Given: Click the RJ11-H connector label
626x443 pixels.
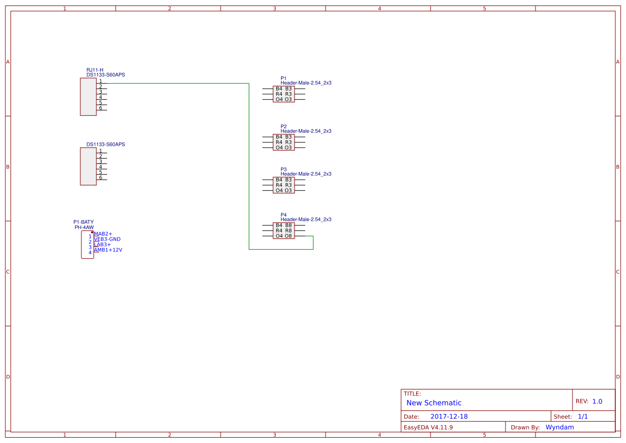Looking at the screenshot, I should [95, 70].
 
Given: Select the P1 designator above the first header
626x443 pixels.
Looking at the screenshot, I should [283, 78].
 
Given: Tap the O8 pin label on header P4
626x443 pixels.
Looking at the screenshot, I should [289, 236].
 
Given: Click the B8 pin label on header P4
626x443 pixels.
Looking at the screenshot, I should [289, 225].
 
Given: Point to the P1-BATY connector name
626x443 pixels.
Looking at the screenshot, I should [84, 222].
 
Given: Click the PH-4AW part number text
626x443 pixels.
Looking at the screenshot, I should [84, 228].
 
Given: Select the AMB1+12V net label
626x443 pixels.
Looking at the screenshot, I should [108, 250].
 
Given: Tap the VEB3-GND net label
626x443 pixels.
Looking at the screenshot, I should [107, 239].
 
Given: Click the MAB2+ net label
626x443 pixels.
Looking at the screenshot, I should [103, 234].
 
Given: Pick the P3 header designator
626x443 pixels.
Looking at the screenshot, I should [283, 169].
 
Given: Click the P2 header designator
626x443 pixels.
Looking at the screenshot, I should [283, 126].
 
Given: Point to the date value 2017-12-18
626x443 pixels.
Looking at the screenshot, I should [449, 417].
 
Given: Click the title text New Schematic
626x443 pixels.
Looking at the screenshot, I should [434, 403].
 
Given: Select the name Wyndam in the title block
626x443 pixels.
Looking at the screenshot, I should [560, 427].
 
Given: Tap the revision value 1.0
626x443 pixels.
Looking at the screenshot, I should [597, 401].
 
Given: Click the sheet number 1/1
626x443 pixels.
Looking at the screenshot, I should [583, 417].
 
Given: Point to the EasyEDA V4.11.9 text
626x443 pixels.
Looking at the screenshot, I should [428, 427].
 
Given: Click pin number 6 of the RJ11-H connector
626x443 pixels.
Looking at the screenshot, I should [100, 108].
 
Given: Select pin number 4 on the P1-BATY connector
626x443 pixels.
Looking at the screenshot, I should [90, 252].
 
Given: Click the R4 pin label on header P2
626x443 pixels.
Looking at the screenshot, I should [279, 142].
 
